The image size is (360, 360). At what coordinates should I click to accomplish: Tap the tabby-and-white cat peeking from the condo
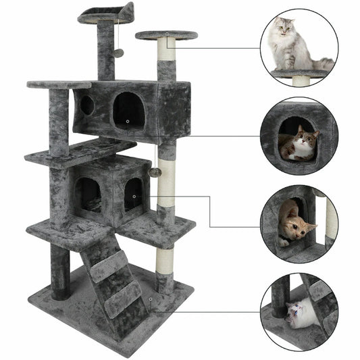click(x=299, y=144)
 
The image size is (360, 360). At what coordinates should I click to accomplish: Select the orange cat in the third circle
click(x=296, y=224)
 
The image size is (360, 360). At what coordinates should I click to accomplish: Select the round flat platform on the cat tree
click(x=166, y=35)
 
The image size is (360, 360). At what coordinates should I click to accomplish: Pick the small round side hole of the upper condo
click(x=87, y=105)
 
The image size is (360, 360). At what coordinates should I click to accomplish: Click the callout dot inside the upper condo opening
click(x=128, y=122)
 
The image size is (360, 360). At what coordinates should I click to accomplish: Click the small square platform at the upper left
click(x=57, y=85)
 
